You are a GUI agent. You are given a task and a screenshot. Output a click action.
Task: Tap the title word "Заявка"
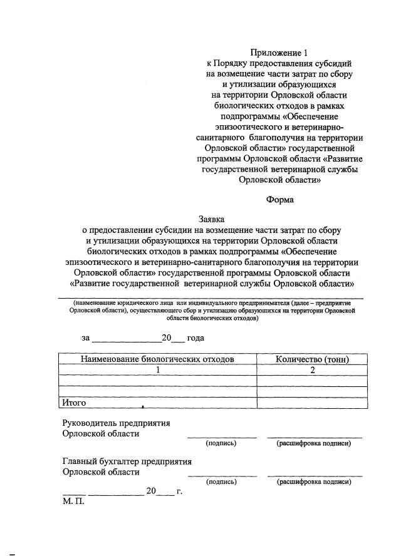click(x=212, y=219)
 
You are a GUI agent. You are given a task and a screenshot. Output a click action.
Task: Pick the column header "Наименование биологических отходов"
click(x=157, y=359)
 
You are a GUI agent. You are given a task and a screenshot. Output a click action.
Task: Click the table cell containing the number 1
click(x=158, y=370)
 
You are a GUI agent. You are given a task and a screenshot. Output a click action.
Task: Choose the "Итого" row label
click(x=73, y=403)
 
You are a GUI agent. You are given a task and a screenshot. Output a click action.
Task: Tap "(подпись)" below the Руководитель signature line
click(x=221, y=443)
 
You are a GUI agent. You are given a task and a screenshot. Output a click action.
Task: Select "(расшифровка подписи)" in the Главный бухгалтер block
click(x=314, y=482)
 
